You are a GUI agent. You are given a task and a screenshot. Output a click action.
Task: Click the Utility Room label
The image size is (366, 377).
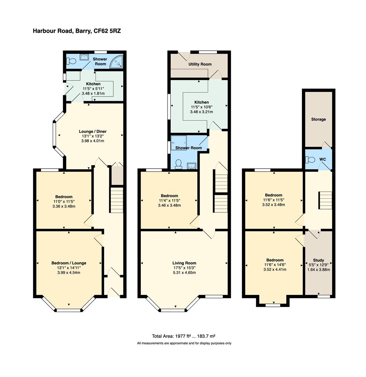(x=200, y=64)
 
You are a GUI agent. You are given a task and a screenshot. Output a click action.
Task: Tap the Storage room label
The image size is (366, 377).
(x=318, y=119)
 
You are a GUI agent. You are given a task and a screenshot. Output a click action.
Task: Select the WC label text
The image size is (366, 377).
(x=322, y=160)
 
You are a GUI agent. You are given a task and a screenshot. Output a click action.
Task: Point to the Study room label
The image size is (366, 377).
(x=318, y=260)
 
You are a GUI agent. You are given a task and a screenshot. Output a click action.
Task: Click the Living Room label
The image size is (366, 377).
(x=184, y=263)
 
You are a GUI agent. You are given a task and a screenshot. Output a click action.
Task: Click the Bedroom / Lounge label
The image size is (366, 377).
(x=69, y=263)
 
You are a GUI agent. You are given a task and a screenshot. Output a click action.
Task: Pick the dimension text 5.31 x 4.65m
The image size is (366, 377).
(x=184, y=273)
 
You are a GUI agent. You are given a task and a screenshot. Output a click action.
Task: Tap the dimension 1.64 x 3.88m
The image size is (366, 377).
(x=318, y=269)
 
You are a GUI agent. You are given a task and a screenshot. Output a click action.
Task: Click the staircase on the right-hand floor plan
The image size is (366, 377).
(x=325, y=200)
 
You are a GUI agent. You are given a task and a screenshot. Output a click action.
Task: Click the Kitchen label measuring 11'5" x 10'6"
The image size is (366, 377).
(x=201, y=102)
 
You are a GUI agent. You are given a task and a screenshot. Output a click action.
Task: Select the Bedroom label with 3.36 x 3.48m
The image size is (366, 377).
(x=63, y=197)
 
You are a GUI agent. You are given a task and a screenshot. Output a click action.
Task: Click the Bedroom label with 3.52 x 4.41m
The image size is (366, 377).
(x=275, y=260)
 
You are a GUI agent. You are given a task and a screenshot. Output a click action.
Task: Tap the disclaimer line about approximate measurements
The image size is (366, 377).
(x=184, y=343)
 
